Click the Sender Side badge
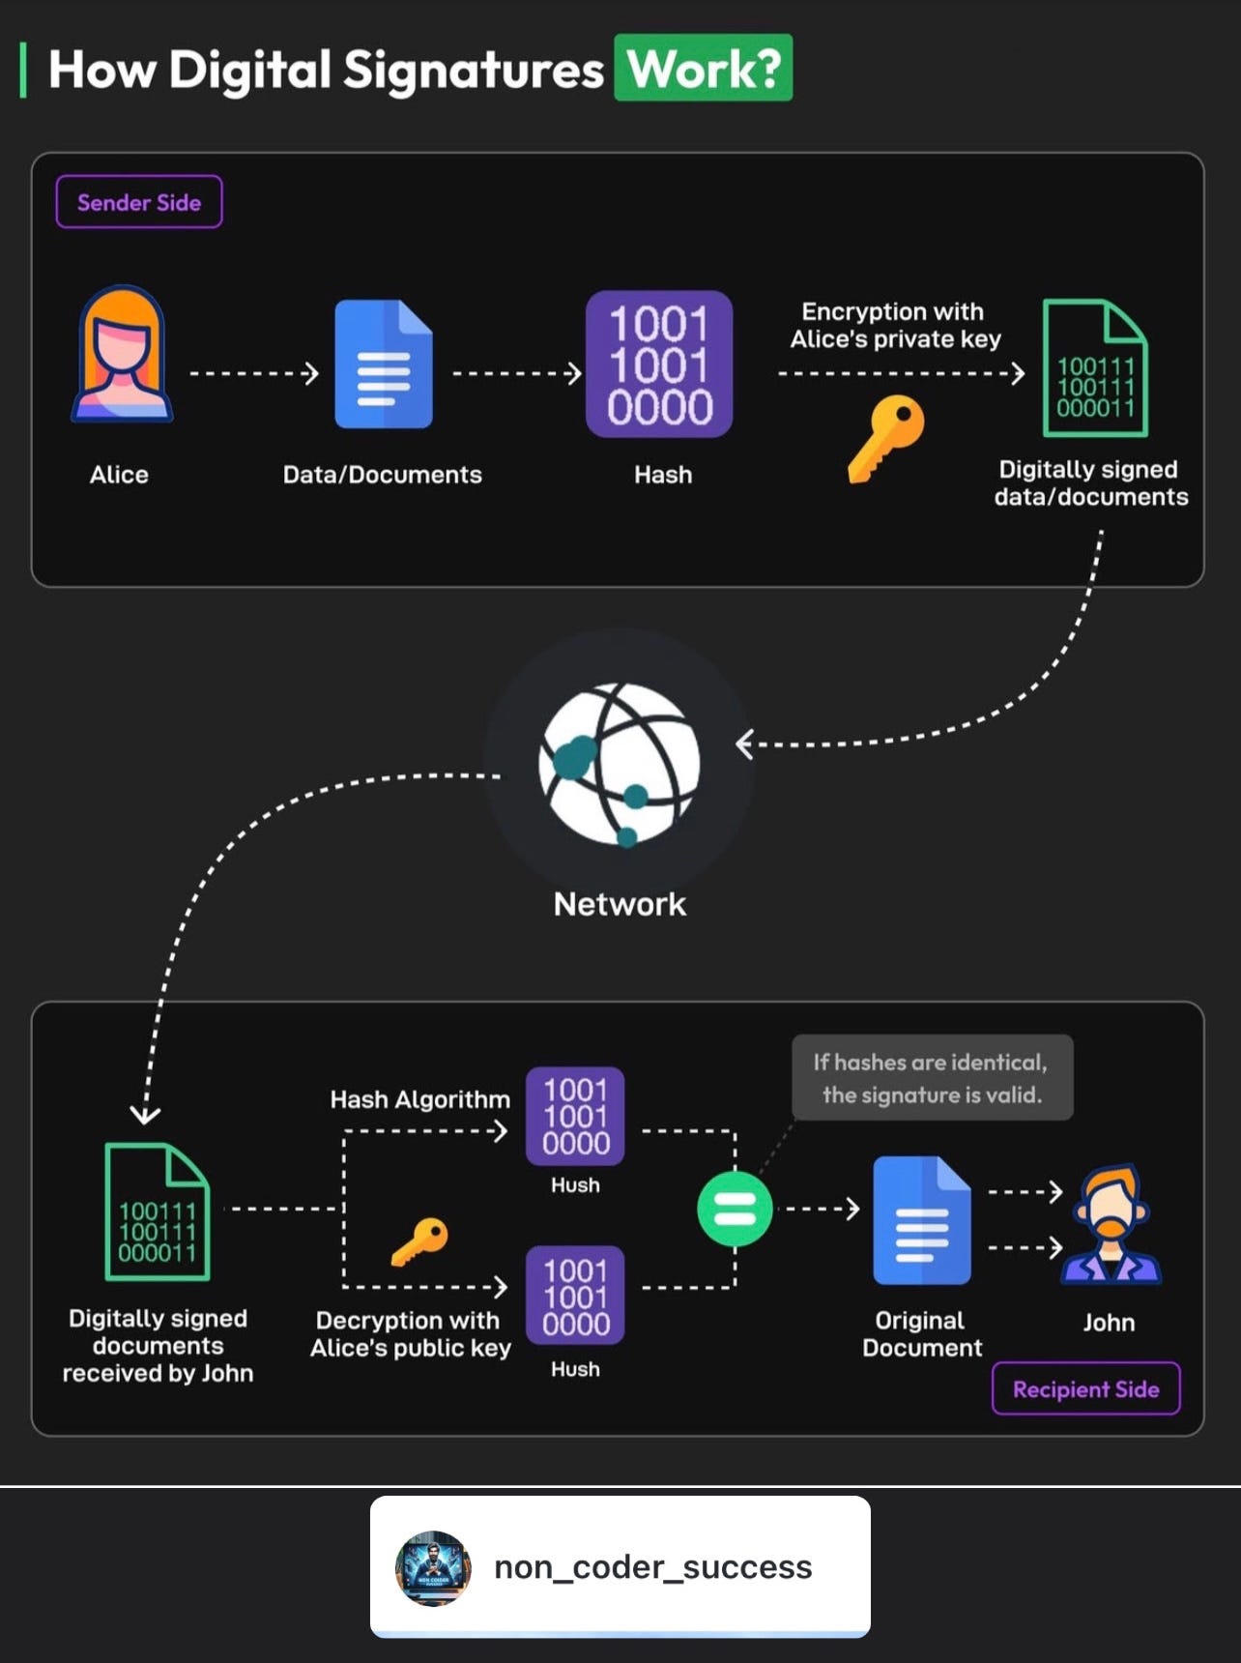139,202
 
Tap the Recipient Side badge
1085,1389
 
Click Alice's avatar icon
122,355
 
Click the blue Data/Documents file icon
384,365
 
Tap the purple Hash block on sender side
659,365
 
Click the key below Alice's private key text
886,437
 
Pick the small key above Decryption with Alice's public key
420,1240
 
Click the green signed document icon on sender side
1095,368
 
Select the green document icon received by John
158,1212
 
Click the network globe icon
620,764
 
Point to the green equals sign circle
735,1209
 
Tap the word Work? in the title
704,69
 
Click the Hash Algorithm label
419,1099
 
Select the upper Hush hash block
575,1116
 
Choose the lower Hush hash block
575,1297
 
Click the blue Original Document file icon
922,1220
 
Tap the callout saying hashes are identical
932,1078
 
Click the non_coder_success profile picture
433,1568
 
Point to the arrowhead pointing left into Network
744,744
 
